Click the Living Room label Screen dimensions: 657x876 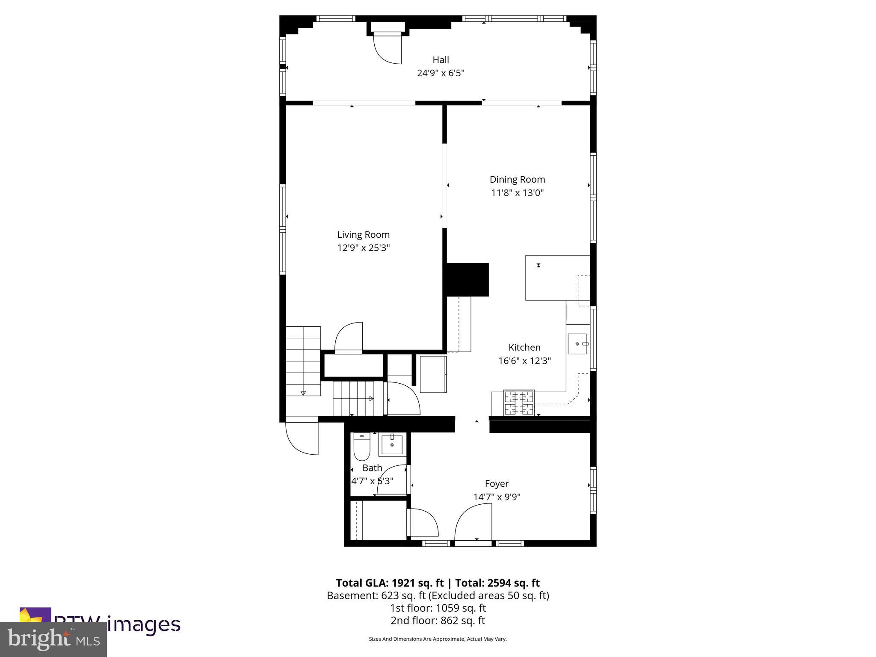363,234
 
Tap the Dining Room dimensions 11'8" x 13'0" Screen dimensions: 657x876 517,193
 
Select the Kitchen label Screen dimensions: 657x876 524,347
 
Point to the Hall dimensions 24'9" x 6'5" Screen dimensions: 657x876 441,73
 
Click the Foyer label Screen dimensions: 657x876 497,484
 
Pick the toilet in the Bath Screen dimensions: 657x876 361,447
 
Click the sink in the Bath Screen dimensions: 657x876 392,444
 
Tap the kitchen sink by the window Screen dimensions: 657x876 577,344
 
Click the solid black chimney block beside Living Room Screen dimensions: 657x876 468,280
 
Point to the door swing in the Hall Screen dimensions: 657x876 388,49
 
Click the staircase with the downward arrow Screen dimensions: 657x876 303,361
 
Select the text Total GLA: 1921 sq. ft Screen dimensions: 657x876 390,583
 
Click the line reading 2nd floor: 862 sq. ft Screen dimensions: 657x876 438,621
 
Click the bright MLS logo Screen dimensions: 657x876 53,639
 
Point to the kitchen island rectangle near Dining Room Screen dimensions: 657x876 552,278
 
